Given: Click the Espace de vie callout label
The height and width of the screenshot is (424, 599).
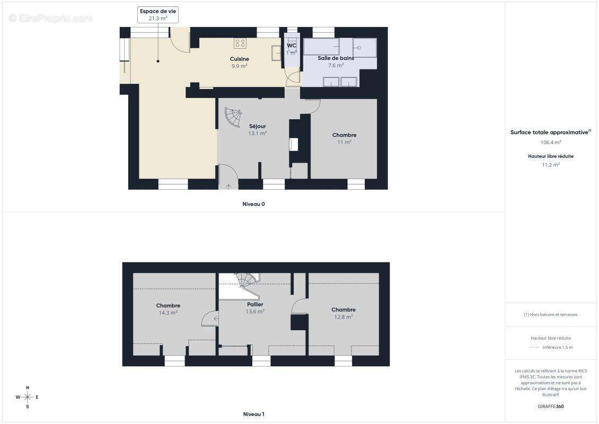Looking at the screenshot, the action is pos(158,15).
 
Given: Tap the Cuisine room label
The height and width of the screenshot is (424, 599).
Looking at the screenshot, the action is pos(240,63).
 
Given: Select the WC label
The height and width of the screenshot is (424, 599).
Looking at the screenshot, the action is pos(292,49).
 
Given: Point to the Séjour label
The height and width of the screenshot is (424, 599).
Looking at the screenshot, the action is pos(258,130).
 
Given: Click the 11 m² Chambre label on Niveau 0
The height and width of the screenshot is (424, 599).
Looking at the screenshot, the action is pos(344,139).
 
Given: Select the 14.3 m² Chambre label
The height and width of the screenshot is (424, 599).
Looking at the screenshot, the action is pos(168,309).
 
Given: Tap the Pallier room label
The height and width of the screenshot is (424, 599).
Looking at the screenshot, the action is pos(255,308).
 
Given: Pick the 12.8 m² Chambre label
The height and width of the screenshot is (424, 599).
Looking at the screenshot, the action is pos(343,313).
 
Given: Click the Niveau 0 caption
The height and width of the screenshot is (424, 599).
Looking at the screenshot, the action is pos(254,204).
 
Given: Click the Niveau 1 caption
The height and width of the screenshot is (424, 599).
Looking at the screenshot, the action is pos(254,414).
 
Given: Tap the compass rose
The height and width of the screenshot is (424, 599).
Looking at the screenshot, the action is pos(27,397).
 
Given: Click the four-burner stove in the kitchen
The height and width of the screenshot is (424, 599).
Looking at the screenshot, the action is pos(240,43).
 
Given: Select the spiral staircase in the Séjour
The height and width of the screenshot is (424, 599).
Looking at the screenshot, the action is pos(233,118).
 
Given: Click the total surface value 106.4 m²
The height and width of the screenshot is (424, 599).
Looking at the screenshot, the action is pos(550,143).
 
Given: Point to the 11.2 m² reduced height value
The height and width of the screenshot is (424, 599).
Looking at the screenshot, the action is pos(550,165).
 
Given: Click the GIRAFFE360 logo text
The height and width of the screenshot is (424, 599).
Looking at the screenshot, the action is pos(550,407).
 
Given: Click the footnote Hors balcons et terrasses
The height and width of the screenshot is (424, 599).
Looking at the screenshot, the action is pos(550,315).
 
